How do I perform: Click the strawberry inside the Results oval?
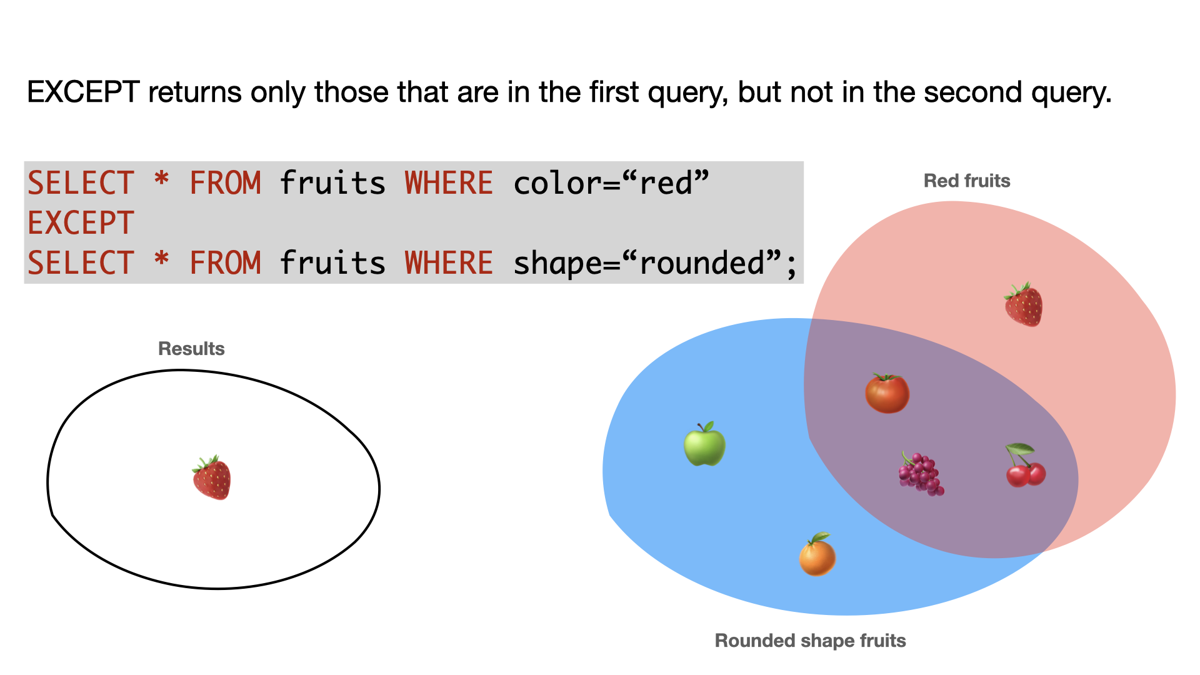click(211, 477)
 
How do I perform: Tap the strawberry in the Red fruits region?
click(1023, 304)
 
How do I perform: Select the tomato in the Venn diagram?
click(887, 393)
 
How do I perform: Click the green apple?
click(704, 444)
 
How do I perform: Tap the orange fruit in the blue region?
click(817, 554)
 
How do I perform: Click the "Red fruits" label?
click(967, 181)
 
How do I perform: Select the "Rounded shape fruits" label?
click(810, 641)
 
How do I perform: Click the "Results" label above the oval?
click(191, 348)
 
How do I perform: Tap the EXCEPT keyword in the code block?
click(81, 223)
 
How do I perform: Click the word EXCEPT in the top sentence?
click(83, 92)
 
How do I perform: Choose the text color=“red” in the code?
click(611, 183)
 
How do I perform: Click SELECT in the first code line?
click(81, 183)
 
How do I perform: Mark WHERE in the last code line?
click(449, 262)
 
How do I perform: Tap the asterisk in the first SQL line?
click(162, 179)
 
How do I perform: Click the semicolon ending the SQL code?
click(791, 266)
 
